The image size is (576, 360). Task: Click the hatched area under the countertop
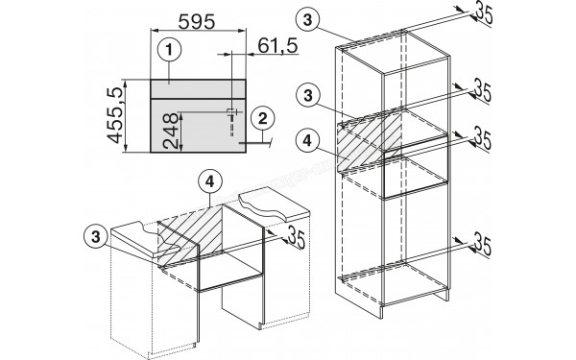click(x=188, y=236)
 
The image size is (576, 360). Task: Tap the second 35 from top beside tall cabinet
click(x=484, y=92)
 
